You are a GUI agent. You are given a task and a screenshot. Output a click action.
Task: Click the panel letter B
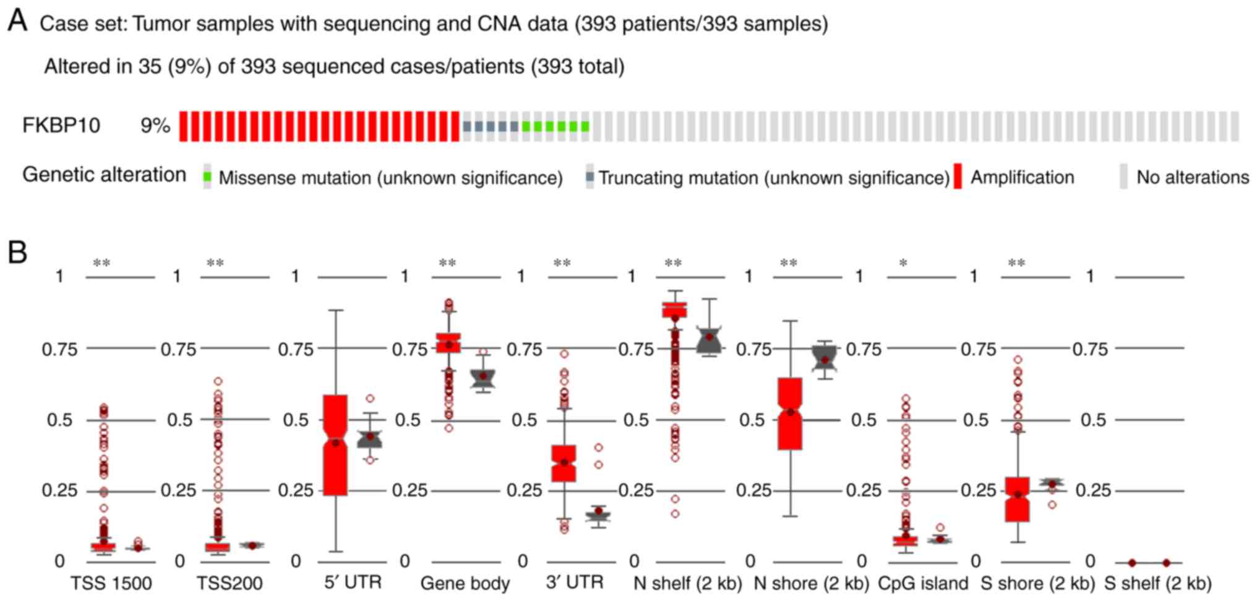click(x=17, y=253)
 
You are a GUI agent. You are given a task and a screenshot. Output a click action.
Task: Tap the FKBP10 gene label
click(x=61, y=126)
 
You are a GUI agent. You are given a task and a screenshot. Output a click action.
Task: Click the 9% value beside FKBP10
click(x=155, y=126)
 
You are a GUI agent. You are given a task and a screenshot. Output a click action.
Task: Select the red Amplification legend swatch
click(x=958, y=177)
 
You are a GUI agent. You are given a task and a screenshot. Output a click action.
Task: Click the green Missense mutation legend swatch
click(x=208, y=178)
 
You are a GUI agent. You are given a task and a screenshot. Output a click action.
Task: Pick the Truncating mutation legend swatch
click(x=590, y=178)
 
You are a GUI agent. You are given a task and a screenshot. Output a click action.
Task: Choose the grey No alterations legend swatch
click(x=1123, y=177)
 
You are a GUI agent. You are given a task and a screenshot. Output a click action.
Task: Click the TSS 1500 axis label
click(x=111, y=583)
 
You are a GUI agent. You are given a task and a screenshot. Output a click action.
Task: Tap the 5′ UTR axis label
click(x=353, y=582)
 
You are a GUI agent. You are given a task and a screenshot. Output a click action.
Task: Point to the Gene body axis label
click(x=465, y=583)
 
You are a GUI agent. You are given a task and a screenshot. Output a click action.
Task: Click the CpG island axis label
click(x=923, y=583)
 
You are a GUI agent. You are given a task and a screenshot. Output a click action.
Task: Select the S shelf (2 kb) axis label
click(x=1157, y=583)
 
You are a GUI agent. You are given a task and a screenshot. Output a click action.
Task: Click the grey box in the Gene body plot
click(x=483, y=378)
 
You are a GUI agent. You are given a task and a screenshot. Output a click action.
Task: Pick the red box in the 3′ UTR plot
click(x=564, y=463)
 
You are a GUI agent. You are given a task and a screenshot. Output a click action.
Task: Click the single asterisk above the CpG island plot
click(x=903, y=264)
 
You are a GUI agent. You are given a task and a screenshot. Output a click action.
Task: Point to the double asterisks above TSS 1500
click(x=101, y=264)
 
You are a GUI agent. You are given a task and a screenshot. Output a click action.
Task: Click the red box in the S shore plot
click(x=1017, y=499)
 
